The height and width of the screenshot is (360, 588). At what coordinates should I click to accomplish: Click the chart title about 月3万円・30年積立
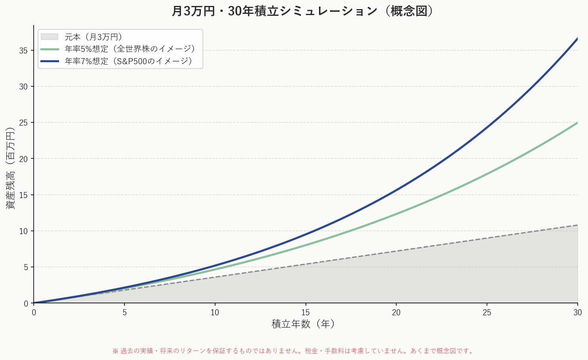tap(303, 11)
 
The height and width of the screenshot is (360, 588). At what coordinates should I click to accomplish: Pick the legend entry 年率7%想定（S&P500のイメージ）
tap(129, 61)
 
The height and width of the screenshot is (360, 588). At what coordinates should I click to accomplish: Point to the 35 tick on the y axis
tap(23, 51)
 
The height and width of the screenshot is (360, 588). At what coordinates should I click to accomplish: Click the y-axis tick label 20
tap(23, 159)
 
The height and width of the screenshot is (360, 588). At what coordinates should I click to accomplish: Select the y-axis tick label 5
tap(26, 267)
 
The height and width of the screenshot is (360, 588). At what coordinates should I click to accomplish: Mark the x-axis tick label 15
tap(305, 312)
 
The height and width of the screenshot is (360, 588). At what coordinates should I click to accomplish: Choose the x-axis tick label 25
tap(487, 312)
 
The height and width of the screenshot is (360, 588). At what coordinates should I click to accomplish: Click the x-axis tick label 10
tap(215, 312)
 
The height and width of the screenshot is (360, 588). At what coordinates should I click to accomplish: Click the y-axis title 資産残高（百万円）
tap(10, 168)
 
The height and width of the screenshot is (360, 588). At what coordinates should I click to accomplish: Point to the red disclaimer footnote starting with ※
tap(294, 351)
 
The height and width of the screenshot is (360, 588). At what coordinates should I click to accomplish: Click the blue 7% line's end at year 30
tap(577, 38)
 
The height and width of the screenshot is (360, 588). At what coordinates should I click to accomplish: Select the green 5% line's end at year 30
tap(577, 123)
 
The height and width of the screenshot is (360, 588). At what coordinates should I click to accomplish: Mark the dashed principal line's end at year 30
tap(577, 225)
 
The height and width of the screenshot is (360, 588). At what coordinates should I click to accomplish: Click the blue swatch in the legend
tap(50, 61)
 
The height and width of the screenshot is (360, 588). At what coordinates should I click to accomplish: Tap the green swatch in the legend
tap(50, 49)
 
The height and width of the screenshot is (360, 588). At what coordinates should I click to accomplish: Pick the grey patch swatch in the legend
tap(50, 37)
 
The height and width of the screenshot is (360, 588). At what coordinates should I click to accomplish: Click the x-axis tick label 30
tap(578, 312)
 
